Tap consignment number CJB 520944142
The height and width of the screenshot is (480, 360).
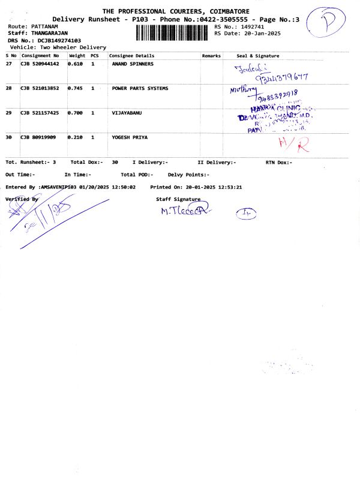(x=40, y=64)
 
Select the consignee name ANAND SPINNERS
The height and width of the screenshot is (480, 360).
(x=133, y=64)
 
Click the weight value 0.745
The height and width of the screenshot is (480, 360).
(x=76, y=88)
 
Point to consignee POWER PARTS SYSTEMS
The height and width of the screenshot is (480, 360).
(x=140, y=88)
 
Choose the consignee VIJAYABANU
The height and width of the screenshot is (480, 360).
(x=127, y=113)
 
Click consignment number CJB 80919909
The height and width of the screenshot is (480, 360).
(x=38, y=137)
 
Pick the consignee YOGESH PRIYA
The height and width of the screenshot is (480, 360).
(x=130, y=137)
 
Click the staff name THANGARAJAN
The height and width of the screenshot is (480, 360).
(x=49, y=34)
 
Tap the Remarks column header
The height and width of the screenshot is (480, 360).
(x=211, y=56)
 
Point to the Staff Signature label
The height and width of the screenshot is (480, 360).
(x=178, y=199)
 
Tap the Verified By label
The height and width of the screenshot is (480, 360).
(x=22, y=199)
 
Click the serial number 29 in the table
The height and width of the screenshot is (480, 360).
(x=9, y=113)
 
